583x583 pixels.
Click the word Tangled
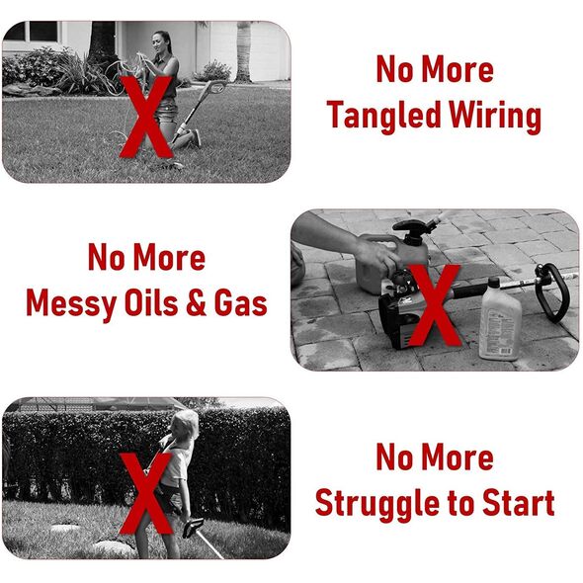tap(384, 116)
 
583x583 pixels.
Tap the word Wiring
tap(495, 116)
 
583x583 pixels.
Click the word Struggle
tap(378, 504)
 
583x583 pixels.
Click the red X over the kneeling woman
tap(146, 117)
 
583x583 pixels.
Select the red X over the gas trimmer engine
tap(434, 305)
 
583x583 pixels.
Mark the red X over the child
tap(146, 493)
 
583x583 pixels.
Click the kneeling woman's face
tap(158, 43)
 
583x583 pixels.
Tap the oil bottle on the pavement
tap(499, 320)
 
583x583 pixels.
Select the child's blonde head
tap(185, 424)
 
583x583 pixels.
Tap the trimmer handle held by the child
tap(193, 528)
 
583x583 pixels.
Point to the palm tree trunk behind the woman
tap(243, 51)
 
